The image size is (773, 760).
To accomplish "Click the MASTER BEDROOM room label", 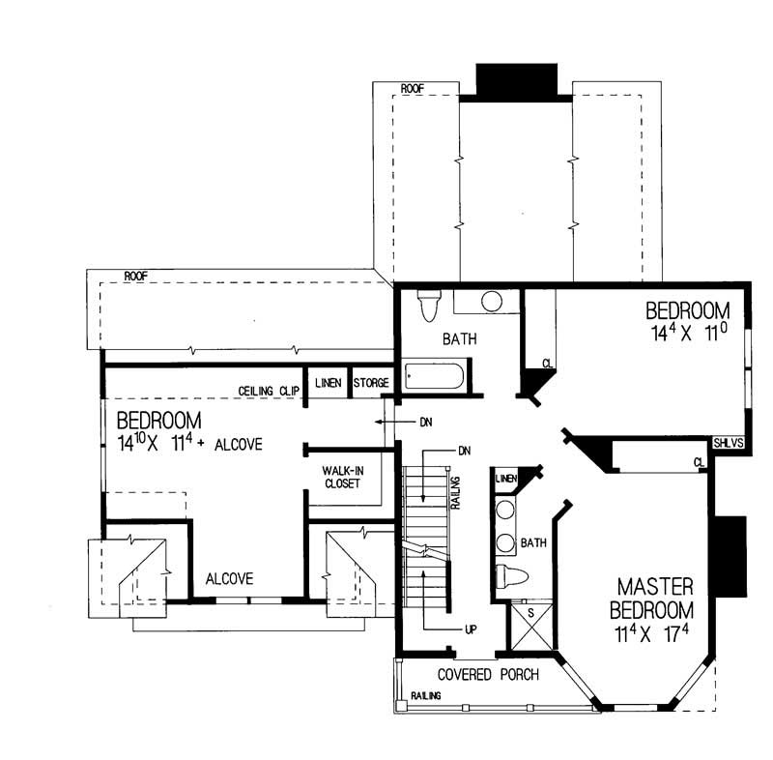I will coord(656,599).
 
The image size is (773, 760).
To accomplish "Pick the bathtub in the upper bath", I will coord(435,375).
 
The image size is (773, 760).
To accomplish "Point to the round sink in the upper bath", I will coord(492,302).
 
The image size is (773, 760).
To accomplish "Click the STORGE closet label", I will coord(371,384).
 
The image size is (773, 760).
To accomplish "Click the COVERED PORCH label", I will coord(487,674).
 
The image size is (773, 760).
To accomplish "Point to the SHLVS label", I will coord(730,443).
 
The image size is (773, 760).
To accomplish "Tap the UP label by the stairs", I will coord(471,629).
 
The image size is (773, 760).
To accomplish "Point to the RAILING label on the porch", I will coord(425,696).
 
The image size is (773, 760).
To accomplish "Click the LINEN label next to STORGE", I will coord(328,384).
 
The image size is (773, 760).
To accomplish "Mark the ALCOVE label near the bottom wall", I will coord(229,579).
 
